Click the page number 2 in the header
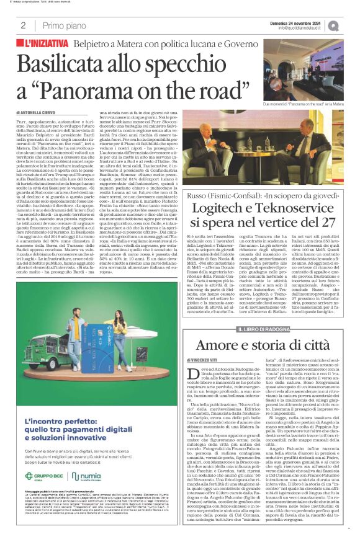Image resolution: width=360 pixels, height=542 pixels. (x=22, y=25)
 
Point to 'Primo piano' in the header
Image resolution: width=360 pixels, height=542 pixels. (x=62, y=25)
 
